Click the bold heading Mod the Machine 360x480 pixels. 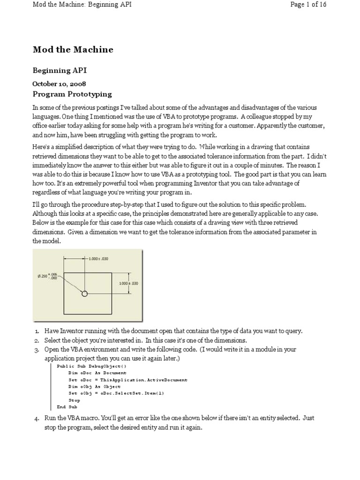pos(73,50)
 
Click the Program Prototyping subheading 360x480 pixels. pos(72,94)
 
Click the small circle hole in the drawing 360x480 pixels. pos(84,294)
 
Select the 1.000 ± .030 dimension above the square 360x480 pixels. pos(98,258)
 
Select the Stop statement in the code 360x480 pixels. pos(74,400)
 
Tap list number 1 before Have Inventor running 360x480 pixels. pos(37,331)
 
